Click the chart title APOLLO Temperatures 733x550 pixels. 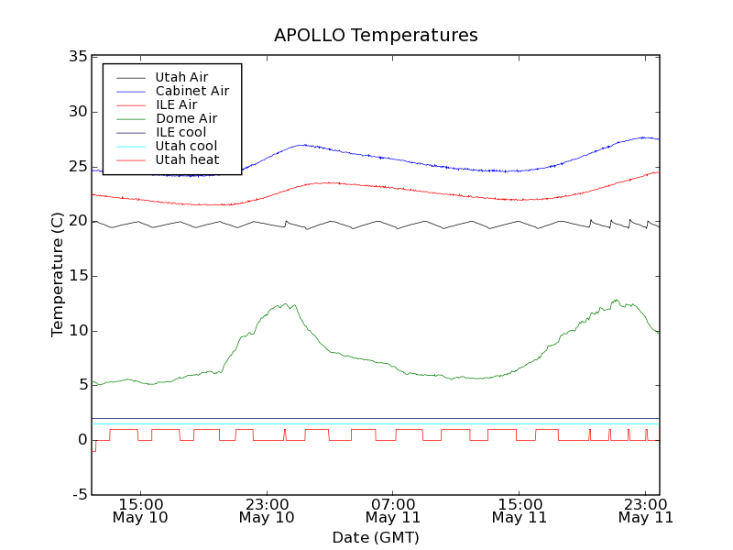tap(376, 36)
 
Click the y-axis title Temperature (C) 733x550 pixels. tap(58, 275)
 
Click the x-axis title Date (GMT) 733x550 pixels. tap(376, 537)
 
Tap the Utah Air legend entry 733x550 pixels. tap(181, 77)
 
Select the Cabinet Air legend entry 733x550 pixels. tap(191, 91)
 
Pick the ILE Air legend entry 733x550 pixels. tap(176, 104)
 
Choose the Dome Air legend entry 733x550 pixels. tap(186, 118)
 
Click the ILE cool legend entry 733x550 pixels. tap(181, 132)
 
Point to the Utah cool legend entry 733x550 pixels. tap(186, 146)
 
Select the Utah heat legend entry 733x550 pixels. tap(187, 159)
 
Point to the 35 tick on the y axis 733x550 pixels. tap(77, 57)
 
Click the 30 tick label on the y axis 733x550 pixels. tap(77, 112)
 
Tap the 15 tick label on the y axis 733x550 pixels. tap(77, 276)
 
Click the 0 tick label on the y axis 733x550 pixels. tap(82, 440)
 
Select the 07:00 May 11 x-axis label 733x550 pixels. tap(393, 511)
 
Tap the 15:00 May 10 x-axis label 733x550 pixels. tap(140, 511)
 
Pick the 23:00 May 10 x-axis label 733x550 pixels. tap(267, 511)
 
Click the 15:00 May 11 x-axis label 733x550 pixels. tap(520, 511)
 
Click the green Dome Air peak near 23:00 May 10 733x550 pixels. tap(285, 304)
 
